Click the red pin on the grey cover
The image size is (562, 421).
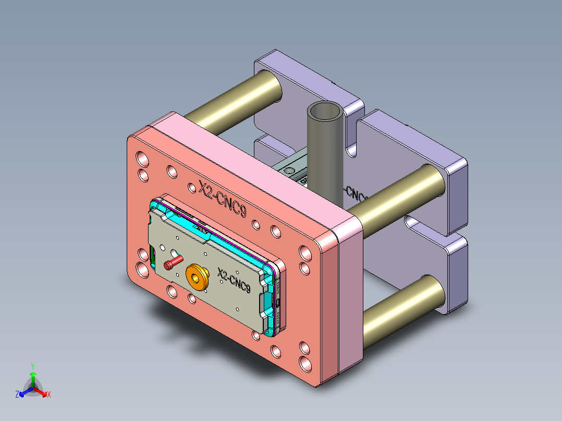point(170,265)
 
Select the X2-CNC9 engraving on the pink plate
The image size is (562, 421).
point(222,198)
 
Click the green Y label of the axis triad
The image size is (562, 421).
point(32,366)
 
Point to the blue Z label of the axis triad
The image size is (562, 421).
point(17,394)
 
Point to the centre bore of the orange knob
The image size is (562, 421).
point(196,276)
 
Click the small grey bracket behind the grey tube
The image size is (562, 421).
point(291,169)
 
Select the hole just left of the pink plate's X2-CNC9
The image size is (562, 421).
point(172,170)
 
